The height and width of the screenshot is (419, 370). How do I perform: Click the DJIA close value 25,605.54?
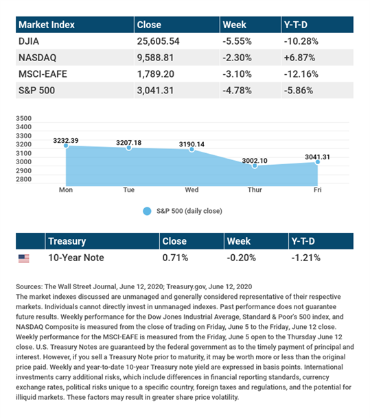[158, 41]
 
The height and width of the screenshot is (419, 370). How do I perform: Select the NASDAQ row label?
[37, 58]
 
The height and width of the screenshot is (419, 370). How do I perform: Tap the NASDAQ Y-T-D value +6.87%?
[299, 58]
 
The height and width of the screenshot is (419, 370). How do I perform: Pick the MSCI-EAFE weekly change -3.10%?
[238, 74]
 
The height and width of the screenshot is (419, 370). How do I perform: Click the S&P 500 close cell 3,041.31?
[155, 91]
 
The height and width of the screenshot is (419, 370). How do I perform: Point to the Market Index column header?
[47, 25]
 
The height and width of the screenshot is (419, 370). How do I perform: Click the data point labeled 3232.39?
[66, 146]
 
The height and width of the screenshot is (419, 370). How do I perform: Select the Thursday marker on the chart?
[255, 166]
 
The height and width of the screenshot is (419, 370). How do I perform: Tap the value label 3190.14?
[192, 144]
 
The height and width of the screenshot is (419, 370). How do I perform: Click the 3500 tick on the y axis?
[23, 118]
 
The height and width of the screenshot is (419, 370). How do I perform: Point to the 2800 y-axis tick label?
[23, 179]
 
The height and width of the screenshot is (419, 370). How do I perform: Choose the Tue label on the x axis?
[129, 190]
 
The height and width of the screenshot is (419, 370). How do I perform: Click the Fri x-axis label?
[318, 190]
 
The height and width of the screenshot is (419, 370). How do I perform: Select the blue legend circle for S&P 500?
[147, 211]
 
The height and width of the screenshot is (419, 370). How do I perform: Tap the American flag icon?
[24, 258]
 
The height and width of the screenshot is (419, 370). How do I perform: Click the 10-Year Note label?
[76, 258]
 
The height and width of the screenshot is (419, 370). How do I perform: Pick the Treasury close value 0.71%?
[175, 258]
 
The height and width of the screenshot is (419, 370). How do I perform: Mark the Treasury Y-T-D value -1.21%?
[305, 258]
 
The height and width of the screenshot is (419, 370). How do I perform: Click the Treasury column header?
[67, 241]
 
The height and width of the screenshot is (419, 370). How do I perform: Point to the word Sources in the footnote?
[29, 286]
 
